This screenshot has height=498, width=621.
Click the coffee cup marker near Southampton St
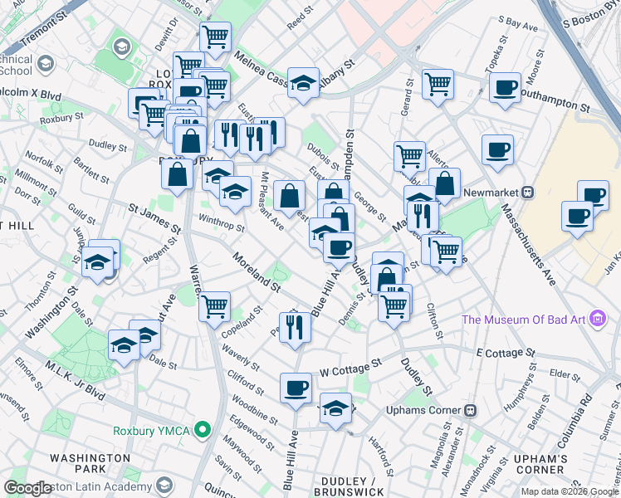504,87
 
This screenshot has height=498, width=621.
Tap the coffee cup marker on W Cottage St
296,388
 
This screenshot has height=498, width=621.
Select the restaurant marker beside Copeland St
296,325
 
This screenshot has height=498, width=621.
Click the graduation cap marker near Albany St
304,82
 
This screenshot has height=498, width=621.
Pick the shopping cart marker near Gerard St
437,83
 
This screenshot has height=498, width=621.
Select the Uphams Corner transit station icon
469,409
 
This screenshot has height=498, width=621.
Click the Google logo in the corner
27,488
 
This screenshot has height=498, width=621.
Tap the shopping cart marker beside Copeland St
215,305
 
